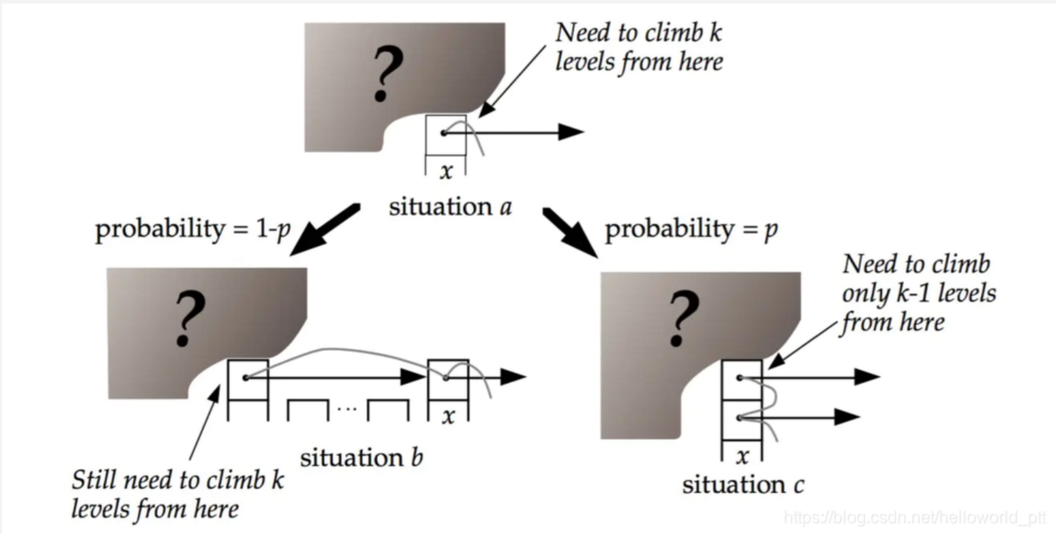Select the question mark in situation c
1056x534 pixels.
pyautogui.click(x=684, y=319)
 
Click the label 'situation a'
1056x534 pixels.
pyautogui.click(x=450, y=207)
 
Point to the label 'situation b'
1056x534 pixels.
pyautogui.click(x=362, y=458)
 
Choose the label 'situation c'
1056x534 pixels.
pyautogui.click(x=743, y=485)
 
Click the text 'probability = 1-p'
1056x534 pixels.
pyautogui.click(x=193, y=230)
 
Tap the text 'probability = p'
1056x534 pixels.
pyautogui.click(x=691, y=230)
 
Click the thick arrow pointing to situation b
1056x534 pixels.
pyautogui.click(x=325, y=230)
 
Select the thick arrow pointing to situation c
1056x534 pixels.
pyautogui.click(x=570, y=233)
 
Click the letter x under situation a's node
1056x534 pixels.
pyautogui.click(x=446, y=171)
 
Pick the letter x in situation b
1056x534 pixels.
pyautogui.click(x=448, y=416)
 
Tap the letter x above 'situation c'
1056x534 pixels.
pyautogui.click(x=743, y=456)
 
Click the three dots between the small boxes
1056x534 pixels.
pyautogui.click(x=347, y=408)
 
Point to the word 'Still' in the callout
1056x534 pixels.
pyautogui.click(x=94, y=480)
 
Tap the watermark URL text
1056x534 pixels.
pyautogui.click(x=915, y=518)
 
